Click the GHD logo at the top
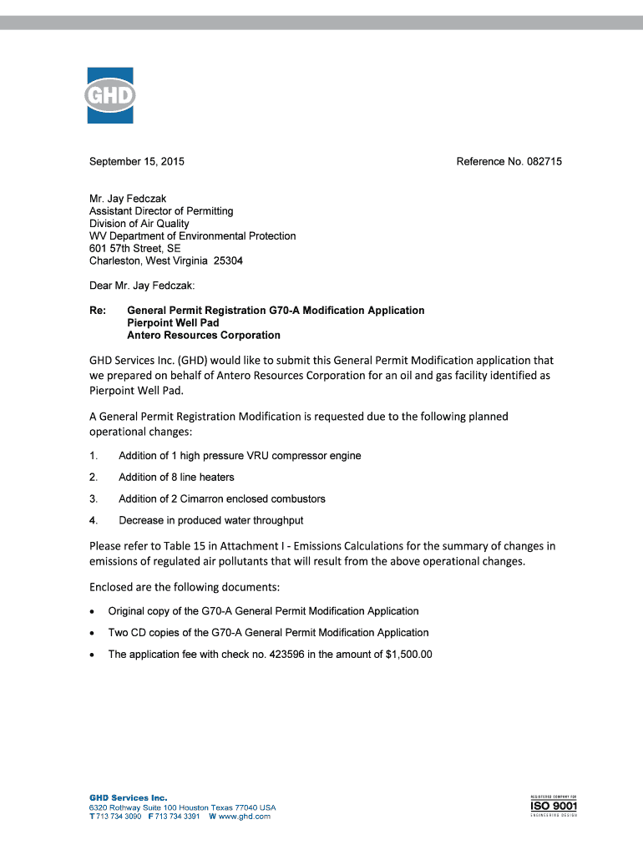pyautogui.click(x=110, y=95)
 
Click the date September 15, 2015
pyautogui.click(x=137, y=161)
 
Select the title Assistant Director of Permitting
pyautogui.click(x=161, y=211)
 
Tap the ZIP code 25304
pyautogui.click(x=229, y=261)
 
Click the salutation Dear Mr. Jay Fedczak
pyautogui.click(x=142, y=286)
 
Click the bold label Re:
pyautogui.click(x=97, y=311)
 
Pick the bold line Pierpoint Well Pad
pyautogui.click(x=173, y=323)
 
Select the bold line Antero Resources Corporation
pyautogui.click(x=203, y=336)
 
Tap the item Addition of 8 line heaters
pyautogui.click(x=176, y=478)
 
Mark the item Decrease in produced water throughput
pyautogui.click(x=210, y=521)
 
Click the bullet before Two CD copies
pyautogui.click(x=92, y=633)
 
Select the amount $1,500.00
pyautogui.click(x=409, y=655)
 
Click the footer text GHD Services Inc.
pyautogui.click(x=129, y=798)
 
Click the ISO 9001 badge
pyautogui.click(x=554, y=807)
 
